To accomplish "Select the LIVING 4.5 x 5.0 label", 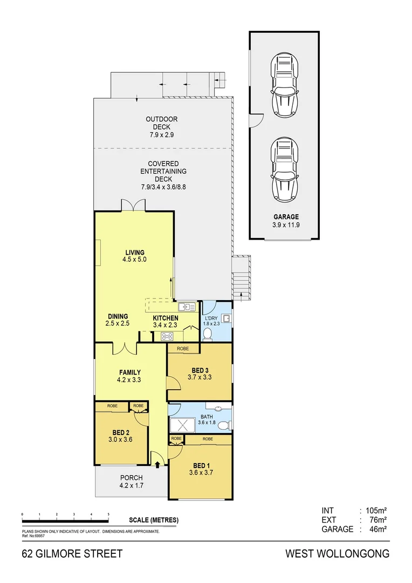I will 135,256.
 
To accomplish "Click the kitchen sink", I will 187,307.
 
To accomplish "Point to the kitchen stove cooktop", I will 167,337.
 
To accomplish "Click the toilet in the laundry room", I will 208,334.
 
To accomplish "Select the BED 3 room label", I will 200,374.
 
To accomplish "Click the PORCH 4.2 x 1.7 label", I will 131,482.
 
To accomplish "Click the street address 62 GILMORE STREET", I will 72,554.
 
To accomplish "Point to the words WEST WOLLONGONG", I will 337,554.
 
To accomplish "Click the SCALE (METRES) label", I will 154,520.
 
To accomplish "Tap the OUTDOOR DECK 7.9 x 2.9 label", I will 162,127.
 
